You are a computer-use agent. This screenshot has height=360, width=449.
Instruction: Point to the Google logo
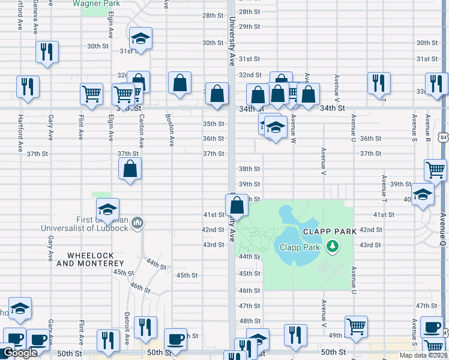[x=20, y=353]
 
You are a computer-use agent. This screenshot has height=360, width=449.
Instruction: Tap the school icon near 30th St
[x=140, y=40]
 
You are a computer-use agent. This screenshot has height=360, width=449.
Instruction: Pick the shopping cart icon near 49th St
[x=356, y=326]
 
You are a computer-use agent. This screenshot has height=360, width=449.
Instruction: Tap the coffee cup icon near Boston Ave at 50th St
[x=175, y=338]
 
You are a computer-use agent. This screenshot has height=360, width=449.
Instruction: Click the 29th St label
[x=249, y=27]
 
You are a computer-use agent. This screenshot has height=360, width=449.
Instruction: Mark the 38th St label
[x=249, y=169]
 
